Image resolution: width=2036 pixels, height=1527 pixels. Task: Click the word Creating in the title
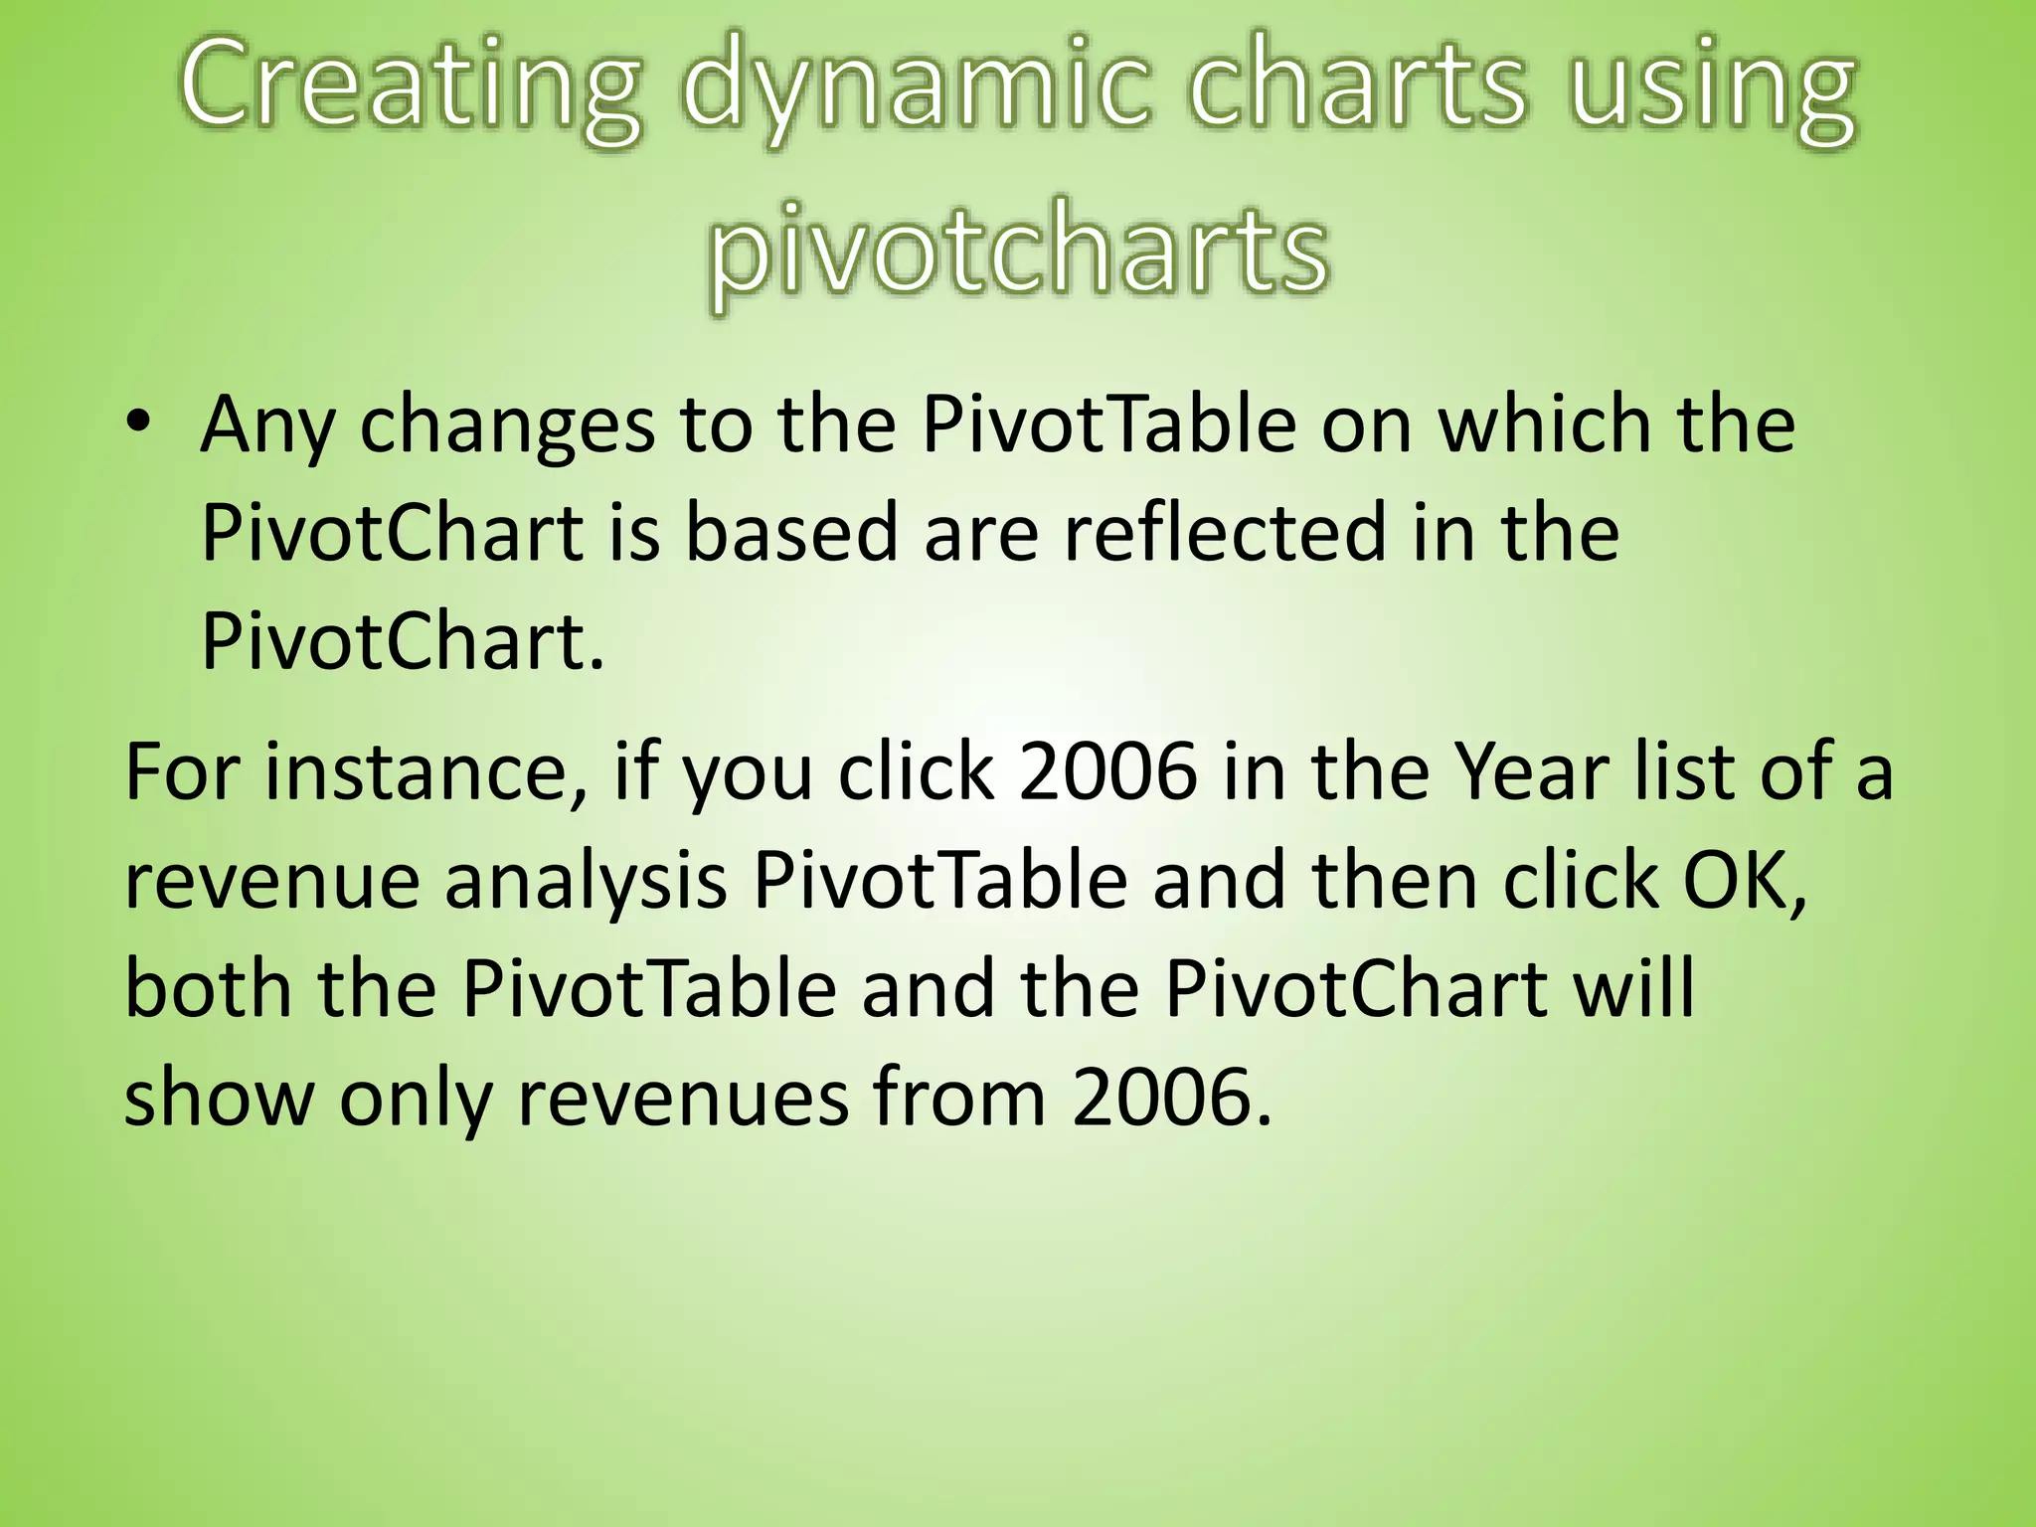[x=409, y=91]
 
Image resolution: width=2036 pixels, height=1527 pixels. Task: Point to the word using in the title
[x=1711, y=91]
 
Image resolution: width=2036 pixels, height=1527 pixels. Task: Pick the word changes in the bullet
[x=507, y=425]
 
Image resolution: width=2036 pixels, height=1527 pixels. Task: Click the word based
[x=791, y=533]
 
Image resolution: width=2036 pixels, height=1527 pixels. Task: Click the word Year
[x=1531, y=772]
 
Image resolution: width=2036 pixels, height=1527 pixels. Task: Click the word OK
[x=1741, y=882]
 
